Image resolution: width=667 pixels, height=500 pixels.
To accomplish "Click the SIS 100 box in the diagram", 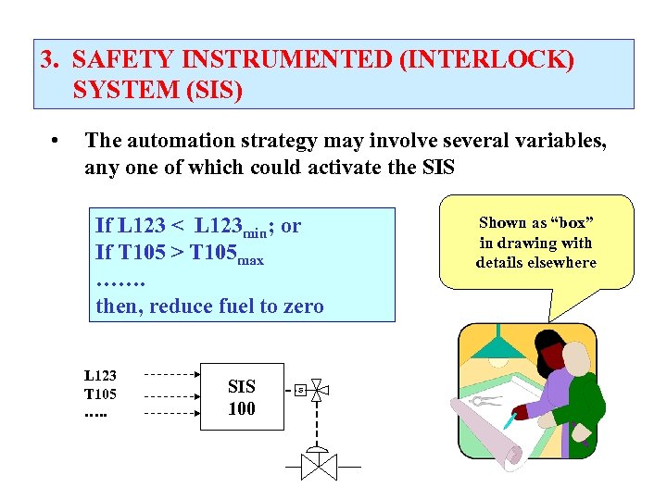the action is pyautogui.click(x=241, y=398).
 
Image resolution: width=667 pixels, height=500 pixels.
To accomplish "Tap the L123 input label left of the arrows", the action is pyautogui.click(x=100, y=376).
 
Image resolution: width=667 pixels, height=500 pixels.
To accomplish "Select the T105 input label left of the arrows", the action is pyautogui.click(x=100, y=394).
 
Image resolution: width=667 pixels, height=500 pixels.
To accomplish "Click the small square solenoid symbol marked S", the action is pyautogui.click(x=299, y=391).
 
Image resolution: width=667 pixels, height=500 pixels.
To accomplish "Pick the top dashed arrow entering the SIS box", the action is pyautogui.click(x=172, y=376).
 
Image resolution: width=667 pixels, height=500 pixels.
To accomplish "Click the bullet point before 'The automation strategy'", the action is pyautogui.click(x=57, y=142).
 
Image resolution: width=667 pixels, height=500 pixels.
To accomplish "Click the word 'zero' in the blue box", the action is pyautogui.click(x=302, y=306).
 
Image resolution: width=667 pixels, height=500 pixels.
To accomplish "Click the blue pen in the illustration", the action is pyautogui.click(x=509, y=421).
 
